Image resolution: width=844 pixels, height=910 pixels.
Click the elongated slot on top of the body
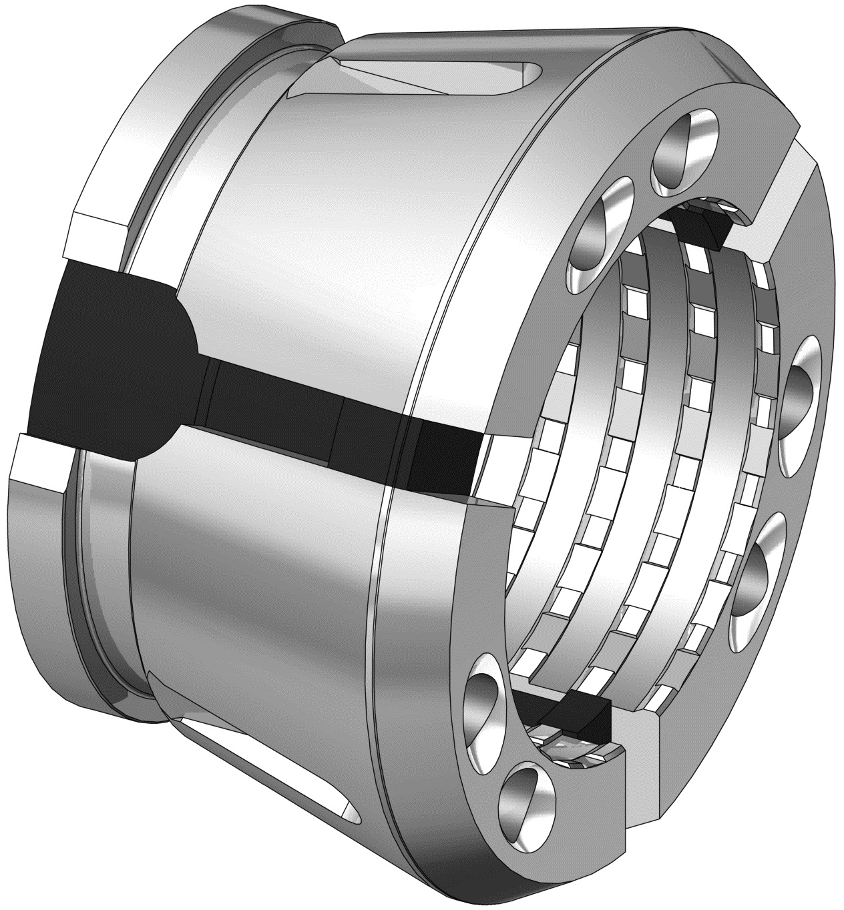click(x=441, y=77)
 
